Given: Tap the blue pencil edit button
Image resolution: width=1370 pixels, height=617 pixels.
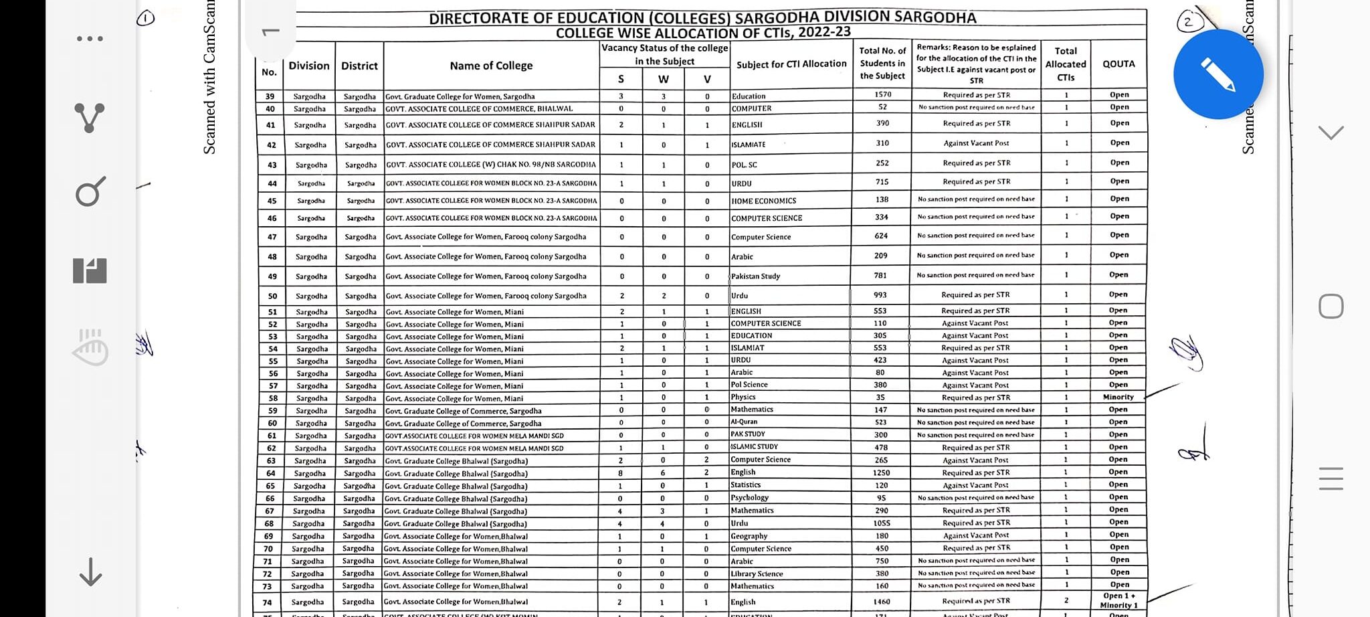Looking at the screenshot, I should click(x=1217, y=74).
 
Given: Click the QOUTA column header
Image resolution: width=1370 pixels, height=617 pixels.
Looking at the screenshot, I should click(x=1118, y=64).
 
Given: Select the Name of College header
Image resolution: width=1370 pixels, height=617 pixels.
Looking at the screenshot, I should click(x=491, y=66).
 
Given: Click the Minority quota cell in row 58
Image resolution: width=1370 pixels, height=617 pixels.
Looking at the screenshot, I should click(x=1118, y=397).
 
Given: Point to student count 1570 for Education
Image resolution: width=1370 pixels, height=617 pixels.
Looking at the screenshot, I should click(x=882, y=95).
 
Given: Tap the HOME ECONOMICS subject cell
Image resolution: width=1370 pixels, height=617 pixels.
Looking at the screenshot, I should click(x=763, y=201).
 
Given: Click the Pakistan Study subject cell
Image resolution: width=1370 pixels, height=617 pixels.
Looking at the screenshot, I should click(x=755, y=276).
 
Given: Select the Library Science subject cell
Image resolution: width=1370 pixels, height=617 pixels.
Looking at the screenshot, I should click(x=756, y=574).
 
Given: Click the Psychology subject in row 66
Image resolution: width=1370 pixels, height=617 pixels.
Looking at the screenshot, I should click(x=749, y=498).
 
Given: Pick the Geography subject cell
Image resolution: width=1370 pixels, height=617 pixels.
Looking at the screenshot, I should click(x=749, y=536).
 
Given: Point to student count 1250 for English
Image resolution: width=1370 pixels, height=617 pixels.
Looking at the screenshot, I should click(x=881, y=472).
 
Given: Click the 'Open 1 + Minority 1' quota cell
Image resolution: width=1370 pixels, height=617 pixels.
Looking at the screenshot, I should click(x=1118, y=600).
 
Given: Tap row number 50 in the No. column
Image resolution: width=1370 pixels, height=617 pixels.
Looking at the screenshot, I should click(x=272, y=296).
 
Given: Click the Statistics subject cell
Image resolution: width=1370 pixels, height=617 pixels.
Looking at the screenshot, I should click(x=745, y=485).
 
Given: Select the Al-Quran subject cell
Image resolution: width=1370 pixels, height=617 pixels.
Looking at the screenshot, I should click(x=744, y=422).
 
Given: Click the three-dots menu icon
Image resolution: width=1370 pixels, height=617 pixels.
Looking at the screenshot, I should click(x=90, y=39).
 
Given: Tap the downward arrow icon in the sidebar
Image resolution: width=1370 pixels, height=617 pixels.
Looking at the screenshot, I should click(x=90, y=572).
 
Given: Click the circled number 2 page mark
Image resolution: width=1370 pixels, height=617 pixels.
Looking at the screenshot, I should click(x=1187, y=21).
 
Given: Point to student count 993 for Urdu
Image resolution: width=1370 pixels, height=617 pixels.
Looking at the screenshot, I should click(x=880, y=295).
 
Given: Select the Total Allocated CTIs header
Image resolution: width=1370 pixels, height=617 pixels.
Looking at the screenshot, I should click(x=1066, y=64).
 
